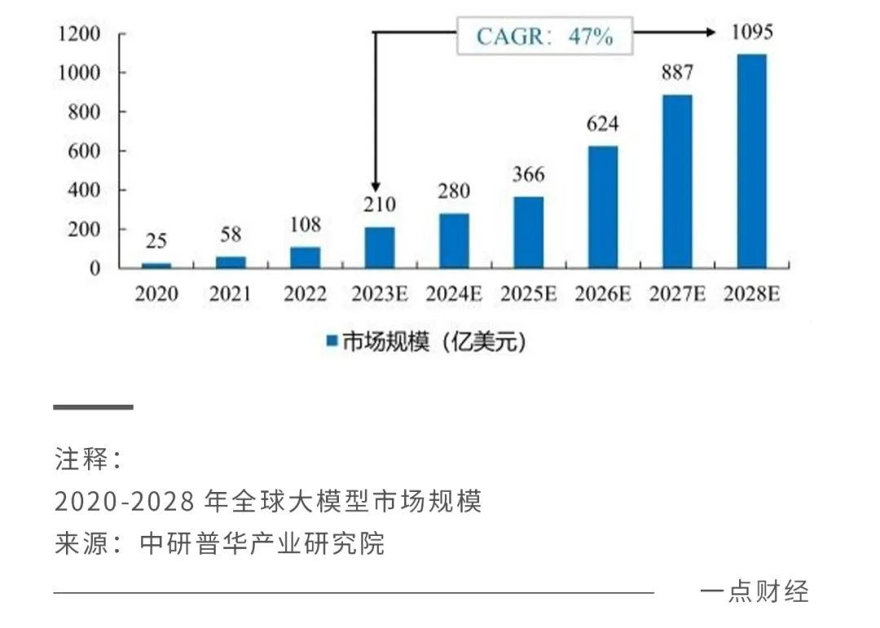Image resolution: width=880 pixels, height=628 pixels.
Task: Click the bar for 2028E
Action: [x=751, y=161]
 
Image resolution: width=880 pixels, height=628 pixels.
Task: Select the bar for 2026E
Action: [x=603, y=207]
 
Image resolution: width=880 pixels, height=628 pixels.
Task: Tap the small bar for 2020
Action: [x=156, y=266]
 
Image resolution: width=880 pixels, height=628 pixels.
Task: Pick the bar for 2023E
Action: [x=380, y=248]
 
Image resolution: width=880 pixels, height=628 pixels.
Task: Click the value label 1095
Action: [x=751, y=33]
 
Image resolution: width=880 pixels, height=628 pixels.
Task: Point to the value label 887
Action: [x=677, y=73]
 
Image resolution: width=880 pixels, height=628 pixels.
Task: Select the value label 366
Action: [x=528, y=175]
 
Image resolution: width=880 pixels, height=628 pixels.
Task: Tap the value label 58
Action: [x=231, y=235]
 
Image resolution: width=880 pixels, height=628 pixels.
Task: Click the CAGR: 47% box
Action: [x=544, y=37]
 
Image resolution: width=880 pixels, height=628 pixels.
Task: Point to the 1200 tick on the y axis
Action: [x=79, y=34]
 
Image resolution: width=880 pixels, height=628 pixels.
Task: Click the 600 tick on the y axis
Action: [x=85, y=152]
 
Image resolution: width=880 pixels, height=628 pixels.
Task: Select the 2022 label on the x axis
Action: [x=305, y=294]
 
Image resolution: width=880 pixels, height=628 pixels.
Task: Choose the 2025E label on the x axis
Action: [x=529, y=294]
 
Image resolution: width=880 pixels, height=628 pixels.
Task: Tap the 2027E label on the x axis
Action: [x=677, y=294]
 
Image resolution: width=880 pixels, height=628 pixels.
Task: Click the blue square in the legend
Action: [x=332, y=342]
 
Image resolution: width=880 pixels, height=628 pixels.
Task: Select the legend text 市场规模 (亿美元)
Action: [x=433, y=342]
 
